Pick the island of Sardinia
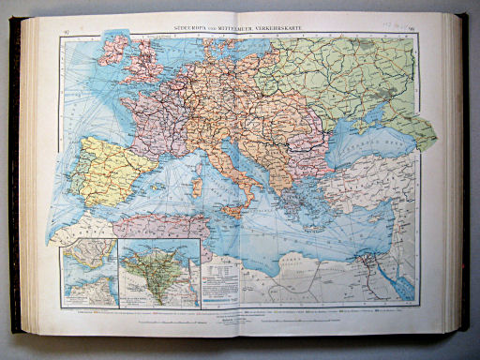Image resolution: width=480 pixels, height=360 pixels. tap(196, 187)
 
